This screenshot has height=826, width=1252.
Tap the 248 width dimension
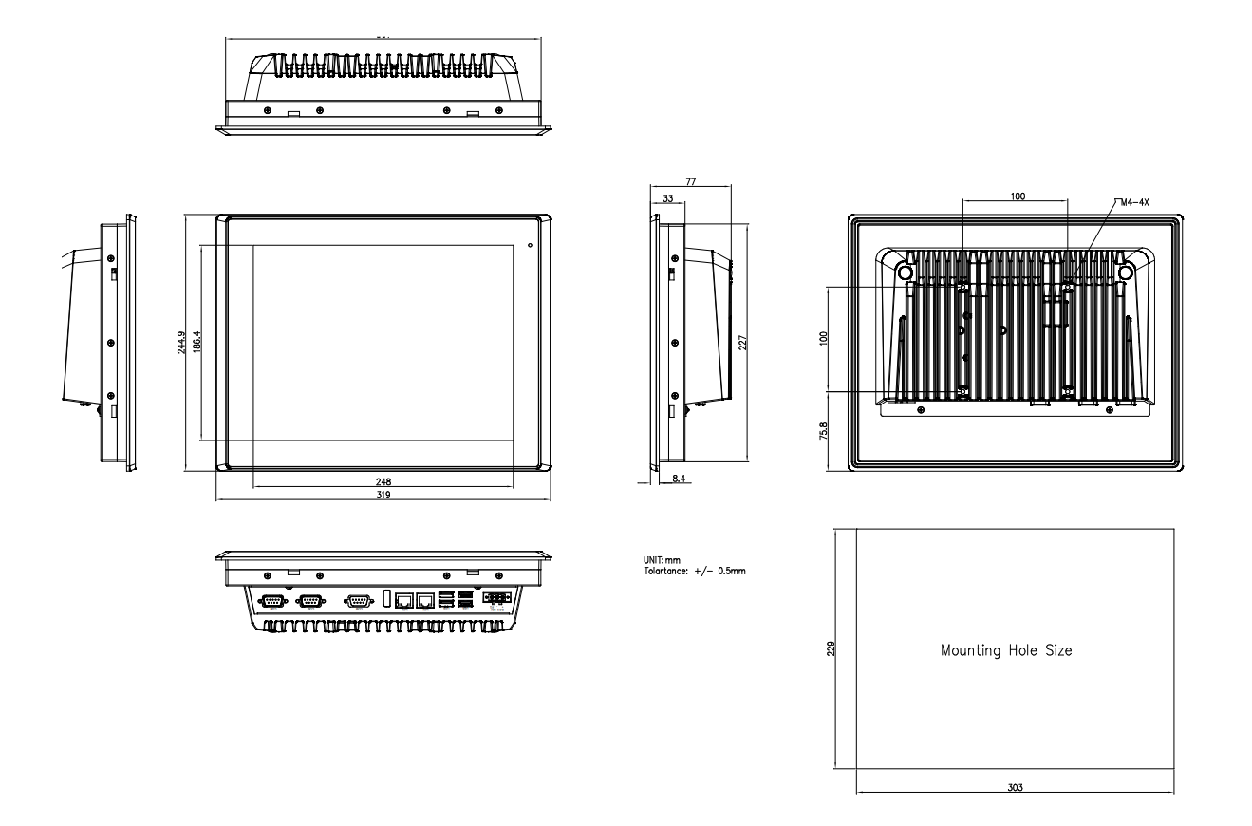pos(383,481)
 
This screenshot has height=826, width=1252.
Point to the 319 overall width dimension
pos(383,495)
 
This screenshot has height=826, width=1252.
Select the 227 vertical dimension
pos(743,342)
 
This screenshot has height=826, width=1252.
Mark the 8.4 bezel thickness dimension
pos(679,479)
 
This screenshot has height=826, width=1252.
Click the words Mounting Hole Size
pos(1006,651)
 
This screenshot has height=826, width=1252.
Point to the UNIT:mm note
pos(662,560)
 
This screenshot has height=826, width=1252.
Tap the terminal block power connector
pos(495,600)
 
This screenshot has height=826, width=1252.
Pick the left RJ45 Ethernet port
pos(403,600)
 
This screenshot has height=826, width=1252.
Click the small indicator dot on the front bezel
pos(529,246)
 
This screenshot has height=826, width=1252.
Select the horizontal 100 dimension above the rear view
pos(1017,197)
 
